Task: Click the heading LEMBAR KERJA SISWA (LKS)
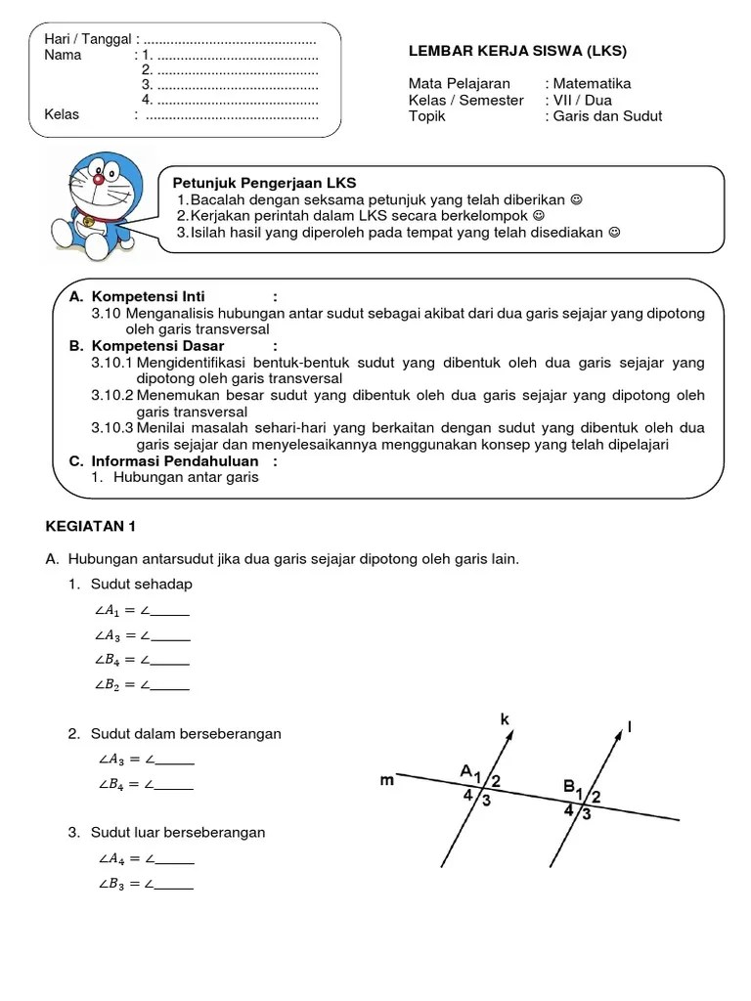[517, 51]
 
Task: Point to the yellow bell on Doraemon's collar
[89, 222]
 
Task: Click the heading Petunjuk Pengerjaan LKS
[265, 183]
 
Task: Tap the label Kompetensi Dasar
[157, 346]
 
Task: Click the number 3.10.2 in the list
[111, 395]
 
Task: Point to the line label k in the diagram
[506, 720]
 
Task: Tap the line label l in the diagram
[631, 727]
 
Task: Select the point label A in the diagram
[466, 770]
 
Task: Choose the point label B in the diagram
[569, 784]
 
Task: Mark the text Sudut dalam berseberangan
[186, 733]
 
